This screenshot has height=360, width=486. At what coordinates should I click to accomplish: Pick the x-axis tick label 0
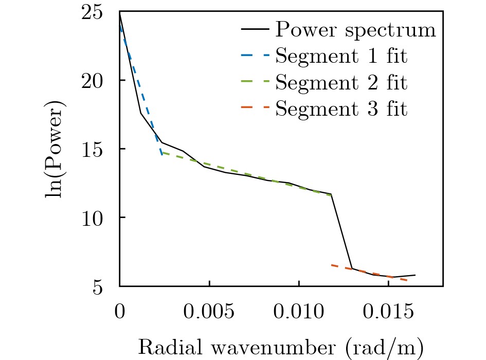click(x=120, y=311)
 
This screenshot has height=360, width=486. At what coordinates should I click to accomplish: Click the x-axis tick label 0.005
click(x=209, y=311)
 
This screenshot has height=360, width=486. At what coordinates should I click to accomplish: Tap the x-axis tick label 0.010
click(x=299, y=311)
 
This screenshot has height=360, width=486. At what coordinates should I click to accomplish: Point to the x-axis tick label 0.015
click(x=388, y=311)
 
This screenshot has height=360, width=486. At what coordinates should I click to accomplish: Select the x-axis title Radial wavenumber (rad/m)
click(x=281, y=348)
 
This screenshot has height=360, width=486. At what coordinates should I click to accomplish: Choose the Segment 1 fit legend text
click(x=341, y=56)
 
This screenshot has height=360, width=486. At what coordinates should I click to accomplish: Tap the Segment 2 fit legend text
click(x=341, y=82)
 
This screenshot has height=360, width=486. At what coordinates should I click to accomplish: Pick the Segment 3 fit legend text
click(x=341, y=109)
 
